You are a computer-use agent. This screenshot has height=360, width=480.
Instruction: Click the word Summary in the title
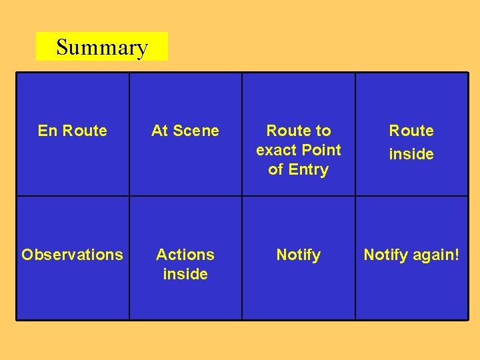101,47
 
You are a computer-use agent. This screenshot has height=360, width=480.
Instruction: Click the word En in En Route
47,131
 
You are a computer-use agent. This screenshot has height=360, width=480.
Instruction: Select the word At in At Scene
160,131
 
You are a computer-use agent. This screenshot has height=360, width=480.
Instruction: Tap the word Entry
308,169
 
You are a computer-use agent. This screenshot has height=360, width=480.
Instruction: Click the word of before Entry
275,169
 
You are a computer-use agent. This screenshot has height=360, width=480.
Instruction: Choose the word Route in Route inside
411,131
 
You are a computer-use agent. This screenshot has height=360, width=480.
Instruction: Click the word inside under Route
411,154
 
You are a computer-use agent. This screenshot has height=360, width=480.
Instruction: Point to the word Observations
72,255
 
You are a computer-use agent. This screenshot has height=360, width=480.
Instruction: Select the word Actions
185,255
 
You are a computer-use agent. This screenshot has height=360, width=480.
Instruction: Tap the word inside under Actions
185,274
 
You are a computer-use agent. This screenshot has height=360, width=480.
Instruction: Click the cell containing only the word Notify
298,255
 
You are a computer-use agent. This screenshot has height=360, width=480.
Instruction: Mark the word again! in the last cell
436,255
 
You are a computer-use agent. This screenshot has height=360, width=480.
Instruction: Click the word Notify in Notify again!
386,255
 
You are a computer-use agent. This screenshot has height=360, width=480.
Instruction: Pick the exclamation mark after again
457,254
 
